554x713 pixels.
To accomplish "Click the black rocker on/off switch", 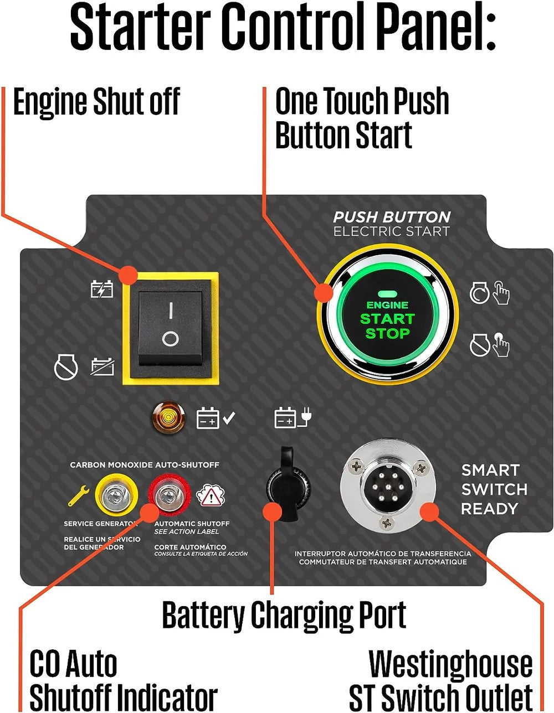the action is coord(170,328).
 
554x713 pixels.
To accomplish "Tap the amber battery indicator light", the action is coord(168,417).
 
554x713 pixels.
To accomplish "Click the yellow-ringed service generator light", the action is coord(116,495).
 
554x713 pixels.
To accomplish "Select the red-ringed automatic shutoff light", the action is coord(169,495).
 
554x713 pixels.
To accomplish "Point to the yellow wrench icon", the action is coord(79,495).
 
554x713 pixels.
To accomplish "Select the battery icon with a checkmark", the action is coord(216,418).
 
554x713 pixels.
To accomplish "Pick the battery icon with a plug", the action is coord(293,417).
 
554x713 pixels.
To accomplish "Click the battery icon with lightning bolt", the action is coord(102,289).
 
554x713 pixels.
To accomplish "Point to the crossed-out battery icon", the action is coord(102,366).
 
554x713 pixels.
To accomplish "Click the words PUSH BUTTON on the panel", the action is coord(392,217).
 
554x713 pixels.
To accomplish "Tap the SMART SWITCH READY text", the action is coord(494,489).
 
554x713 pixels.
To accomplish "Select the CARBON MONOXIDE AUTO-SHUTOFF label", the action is coord(145,465).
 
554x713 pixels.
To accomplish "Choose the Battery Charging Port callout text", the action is coord(284,614).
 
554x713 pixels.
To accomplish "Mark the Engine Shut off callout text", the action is coord(97,102).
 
